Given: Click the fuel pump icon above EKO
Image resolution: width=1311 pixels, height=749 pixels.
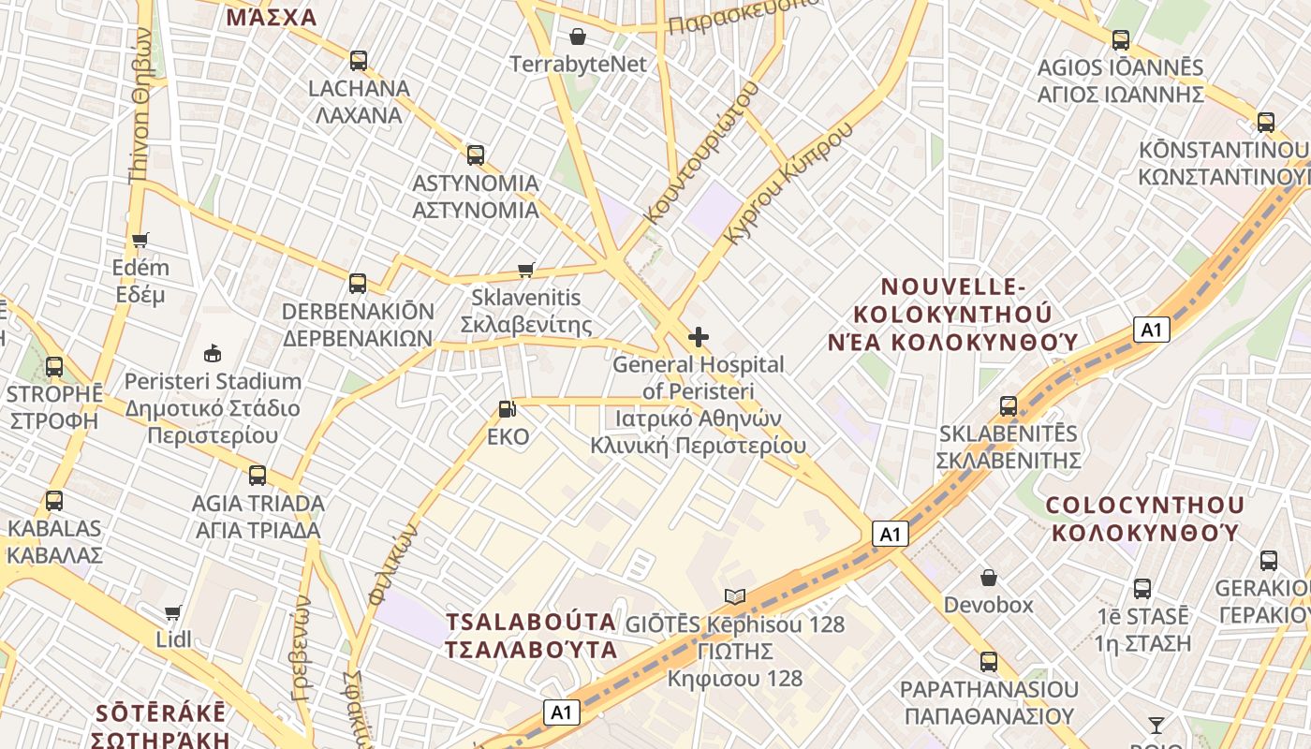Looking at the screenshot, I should point(507,409).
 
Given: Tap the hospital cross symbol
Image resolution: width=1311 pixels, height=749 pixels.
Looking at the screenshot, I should point(698,337).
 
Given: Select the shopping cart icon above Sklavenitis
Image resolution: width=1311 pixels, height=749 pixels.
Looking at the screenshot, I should point(526,271).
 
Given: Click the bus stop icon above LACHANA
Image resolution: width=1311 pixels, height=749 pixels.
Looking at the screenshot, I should point(358,61).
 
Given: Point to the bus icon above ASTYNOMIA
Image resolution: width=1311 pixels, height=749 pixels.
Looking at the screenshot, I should point(476,155).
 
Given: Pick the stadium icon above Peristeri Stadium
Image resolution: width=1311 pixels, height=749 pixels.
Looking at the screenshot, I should point(213,354).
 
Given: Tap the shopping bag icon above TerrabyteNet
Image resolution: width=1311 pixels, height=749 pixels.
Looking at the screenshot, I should point(578,37).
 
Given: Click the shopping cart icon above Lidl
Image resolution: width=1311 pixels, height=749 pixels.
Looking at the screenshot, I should point(173,613).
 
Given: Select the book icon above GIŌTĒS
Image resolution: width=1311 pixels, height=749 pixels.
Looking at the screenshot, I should point(735,596).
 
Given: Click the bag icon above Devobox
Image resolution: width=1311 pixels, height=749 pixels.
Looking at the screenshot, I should point(988,578).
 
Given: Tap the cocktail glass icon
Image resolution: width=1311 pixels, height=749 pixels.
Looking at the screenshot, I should point(1156,725).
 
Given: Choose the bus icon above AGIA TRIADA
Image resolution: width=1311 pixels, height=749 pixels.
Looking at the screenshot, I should point(258,476).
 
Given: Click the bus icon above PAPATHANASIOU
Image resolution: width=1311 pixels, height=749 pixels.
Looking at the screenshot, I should point(988,663).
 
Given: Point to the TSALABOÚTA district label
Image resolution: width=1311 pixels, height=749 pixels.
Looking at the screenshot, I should point(531,636).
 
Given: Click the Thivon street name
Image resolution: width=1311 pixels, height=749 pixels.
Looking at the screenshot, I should point(140,103).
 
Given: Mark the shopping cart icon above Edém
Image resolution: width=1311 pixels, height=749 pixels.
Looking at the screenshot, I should point(140,241).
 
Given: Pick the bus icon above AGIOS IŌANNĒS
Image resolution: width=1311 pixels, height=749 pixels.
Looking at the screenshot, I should point(1120,40).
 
